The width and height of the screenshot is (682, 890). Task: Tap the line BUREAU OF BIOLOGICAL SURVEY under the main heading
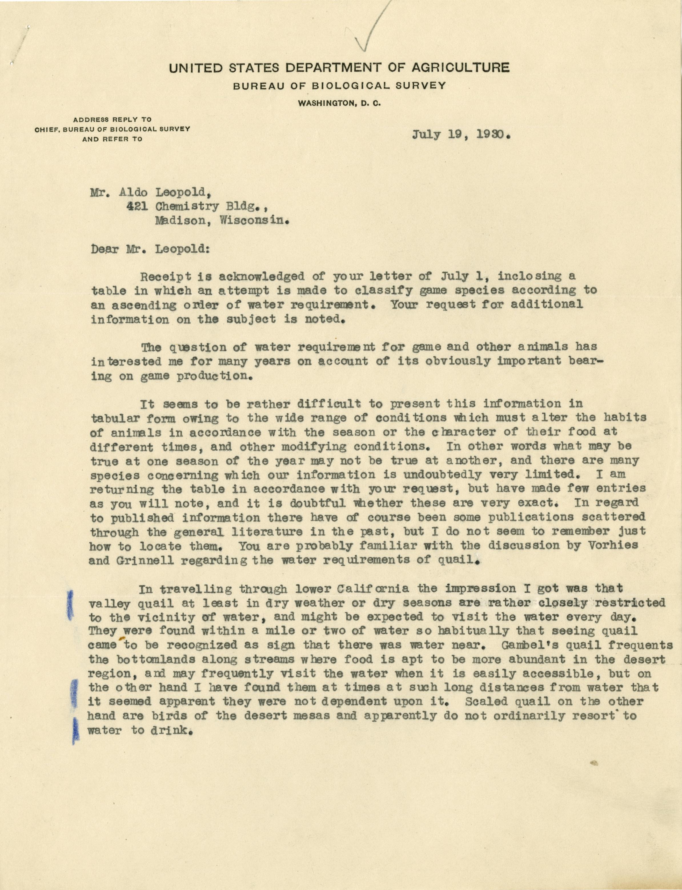[x=339, y=86]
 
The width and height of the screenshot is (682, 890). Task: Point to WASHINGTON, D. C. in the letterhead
[x=339, y=103]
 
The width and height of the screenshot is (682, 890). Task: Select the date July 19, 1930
[x=461, y=134]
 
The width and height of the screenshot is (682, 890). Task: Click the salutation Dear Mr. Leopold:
[x=150, y=249]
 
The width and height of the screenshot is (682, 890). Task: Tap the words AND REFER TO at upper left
[x=113, y=139]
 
